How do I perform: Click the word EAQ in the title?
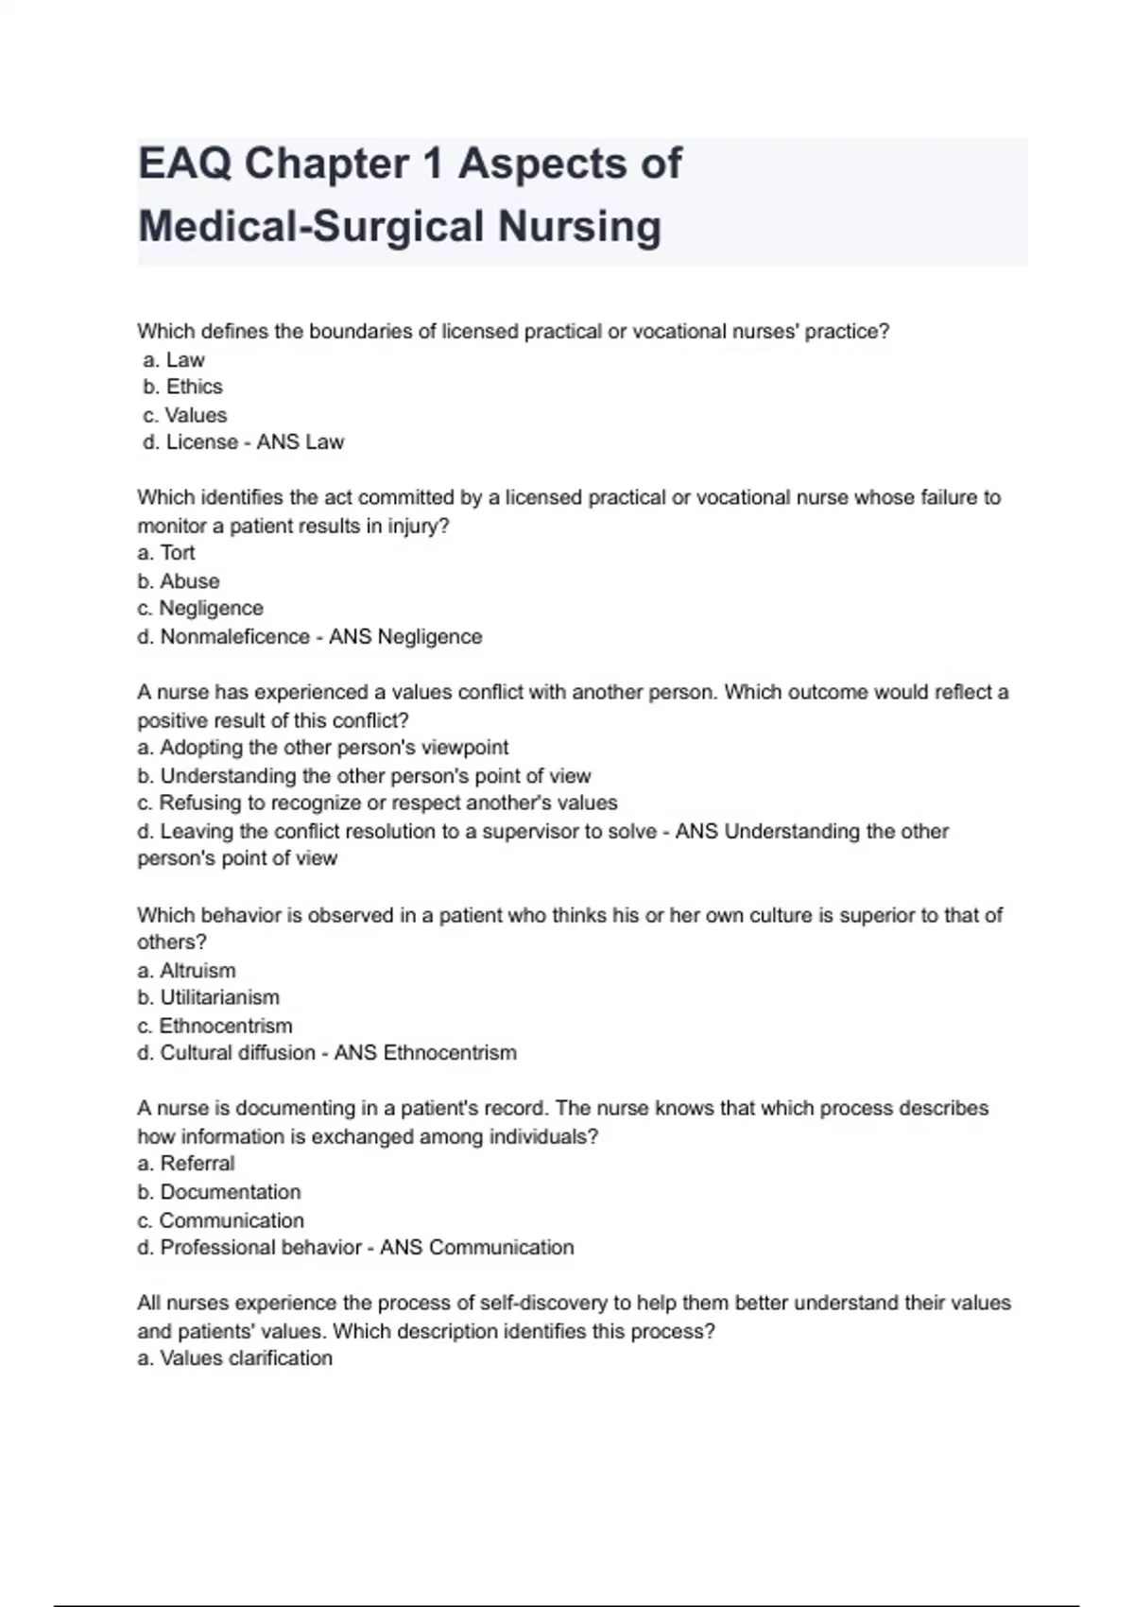(x=183, y=164)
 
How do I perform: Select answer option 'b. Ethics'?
(x=183, y=387)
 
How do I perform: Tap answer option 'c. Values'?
(x=185, y=415)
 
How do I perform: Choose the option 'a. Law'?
(x=175, y=359)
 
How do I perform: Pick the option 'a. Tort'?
(x=166, y=553)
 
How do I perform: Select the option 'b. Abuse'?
(x=179, y=581)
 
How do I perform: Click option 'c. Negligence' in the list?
(x=200, y=609)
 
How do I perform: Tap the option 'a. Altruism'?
(x=186, y=971)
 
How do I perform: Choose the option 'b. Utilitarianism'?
(x=208, y=997)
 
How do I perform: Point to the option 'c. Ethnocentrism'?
(x=215, y=1026)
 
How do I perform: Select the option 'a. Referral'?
(x=186, y=1164)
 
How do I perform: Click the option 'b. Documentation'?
(x=219, y=1192)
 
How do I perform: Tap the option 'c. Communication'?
(x=220, y=1220)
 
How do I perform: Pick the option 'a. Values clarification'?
(x=235, y=1358)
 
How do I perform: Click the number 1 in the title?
(x=434, y=164)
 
